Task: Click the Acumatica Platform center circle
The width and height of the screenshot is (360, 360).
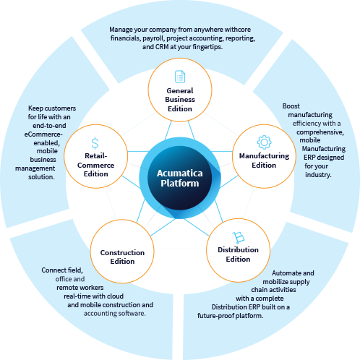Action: [x=180, y=178]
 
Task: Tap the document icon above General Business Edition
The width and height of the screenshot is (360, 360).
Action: [x=180, y=77]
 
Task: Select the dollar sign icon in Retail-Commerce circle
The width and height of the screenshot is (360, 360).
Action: [x=95, y=143]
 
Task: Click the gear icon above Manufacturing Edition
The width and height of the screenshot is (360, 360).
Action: [x=265, y=142]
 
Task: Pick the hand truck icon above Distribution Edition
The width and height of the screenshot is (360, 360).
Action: [x=239, y=238]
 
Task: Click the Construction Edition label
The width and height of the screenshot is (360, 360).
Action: [x=122, y=257]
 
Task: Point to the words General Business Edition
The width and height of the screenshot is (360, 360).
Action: [x=180, y=100]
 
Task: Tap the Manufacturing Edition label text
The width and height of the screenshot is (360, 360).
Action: [x=264, y=160]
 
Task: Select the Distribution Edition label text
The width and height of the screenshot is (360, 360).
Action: [x=238, y=254]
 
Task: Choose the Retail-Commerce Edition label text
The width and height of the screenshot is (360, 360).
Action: [x=95, y=165]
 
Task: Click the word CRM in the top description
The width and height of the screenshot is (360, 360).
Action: [x=162, y=47]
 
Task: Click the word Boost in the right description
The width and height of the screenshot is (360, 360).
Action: [x=291, y=106]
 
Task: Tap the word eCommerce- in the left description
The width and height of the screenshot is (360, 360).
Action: [x=43, y=134]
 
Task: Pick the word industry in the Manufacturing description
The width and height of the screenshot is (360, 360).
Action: [x=318, y=175]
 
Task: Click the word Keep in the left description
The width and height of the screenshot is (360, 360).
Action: [x=35, y=108]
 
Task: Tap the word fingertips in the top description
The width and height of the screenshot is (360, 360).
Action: [x=207, y=47]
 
